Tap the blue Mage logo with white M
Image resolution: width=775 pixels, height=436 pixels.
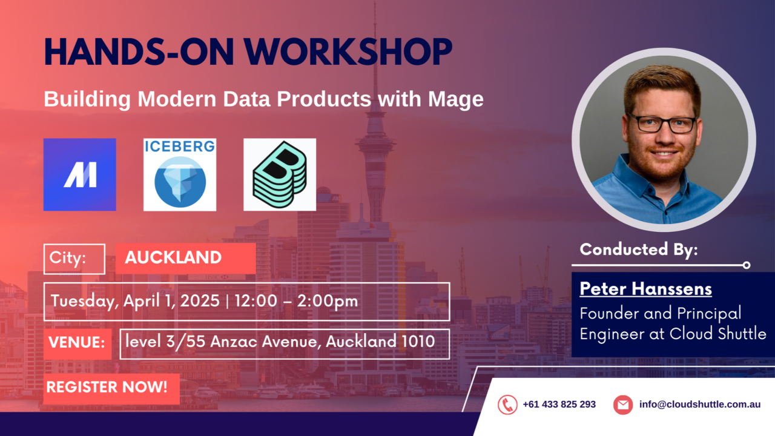(x=79, y=174)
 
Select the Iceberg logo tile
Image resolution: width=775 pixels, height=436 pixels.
(x=180, y=174)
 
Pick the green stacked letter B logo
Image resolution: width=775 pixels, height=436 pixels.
(x=280, y=174)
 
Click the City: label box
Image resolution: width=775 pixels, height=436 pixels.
(x=74, y=259)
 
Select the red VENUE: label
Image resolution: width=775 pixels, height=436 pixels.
(x=77, y=343)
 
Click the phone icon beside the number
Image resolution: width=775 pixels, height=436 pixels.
(x=507, y=405)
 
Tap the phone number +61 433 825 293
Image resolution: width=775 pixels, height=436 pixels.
(x=559, y=405)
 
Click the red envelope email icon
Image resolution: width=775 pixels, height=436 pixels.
(x=622, y=405)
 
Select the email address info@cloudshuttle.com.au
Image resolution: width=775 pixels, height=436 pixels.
(x=699, y=405)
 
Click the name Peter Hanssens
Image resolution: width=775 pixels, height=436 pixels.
(x=645, y=289)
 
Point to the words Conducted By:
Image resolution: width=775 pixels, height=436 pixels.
(x=639, y=249)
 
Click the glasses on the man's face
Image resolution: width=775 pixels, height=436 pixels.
(x=662, y=124)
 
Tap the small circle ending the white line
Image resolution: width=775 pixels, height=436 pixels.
(x=747, y=265)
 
